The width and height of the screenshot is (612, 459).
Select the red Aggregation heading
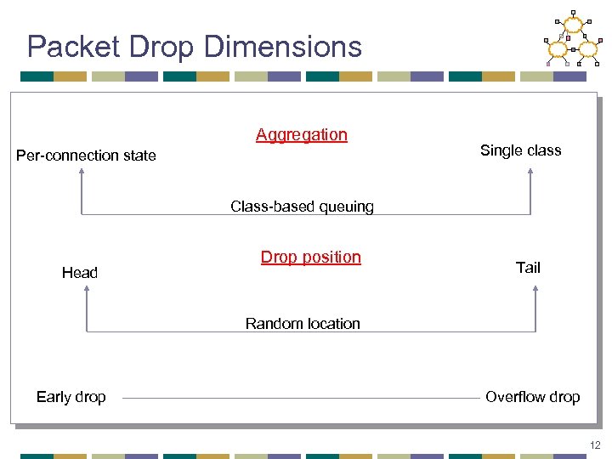[302, 134]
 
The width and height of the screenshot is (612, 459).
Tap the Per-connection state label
[87, 156]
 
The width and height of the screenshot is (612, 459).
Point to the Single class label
[520, 150]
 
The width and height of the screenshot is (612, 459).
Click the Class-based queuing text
[302, 207]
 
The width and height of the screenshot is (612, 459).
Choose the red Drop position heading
[310, 257]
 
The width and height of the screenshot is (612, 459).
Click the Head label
[80, 273]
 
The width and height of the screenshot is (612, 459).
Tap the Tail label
[528, 268]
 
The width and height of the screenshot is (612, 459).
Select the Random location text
[303, 323]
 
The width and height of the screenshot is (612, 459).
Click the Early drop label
[71, 397]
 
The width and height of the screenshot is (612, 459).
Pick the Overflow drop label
[532, 397]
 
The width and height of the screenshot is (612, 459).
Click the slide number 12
[594, 445]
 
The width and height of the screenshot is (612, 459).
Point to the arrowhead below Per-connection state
[82, 171]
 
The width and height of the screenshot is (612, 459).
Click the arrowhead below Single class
[530, 171]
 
